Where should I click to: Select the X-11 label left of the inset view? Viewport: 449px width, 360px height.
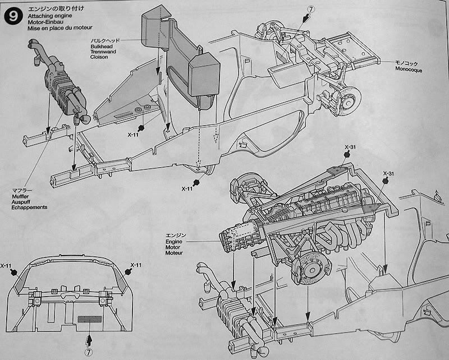tap(7, 265)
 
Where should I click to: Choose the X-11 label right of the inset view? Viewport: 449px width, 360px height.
tap(138, 265)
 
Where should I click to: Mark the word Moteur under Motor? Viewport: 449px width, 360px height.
tap(175, 253)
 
